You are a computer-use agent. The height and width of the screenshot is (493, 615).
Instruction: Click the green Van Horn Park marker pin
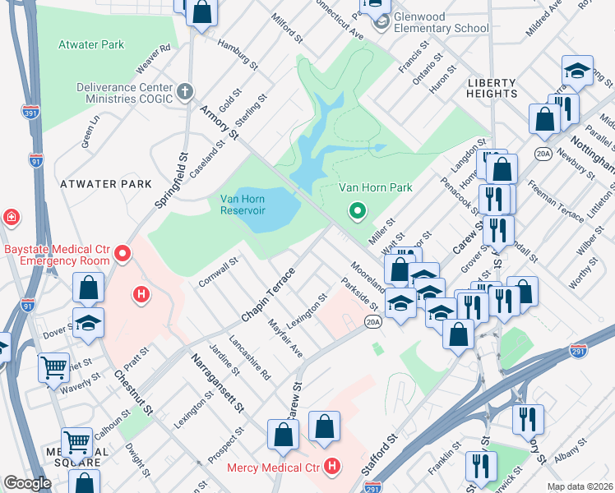(357, 212)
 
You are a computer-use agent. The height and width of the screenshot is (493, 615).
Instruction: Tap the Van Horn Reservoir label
(243, 204)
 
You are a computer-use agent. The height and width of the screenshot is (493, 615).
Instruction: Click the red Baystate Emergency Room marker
(123, 253)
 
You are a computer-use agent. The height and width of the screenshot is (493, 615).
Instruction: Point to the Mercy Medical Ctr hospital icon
(331, 467)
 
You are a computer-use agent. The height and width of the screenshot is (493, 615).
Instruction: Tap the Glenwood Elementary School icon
(379, 22)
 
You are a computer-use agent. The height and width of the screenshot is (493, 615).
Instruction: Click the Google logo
(27, 483)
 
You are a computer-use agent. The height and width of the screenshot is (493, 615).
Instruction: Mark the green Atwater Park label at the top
(91, 44)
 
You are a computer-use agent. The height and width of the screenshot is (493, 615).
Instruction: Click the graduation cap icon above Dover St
(88, 324)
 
